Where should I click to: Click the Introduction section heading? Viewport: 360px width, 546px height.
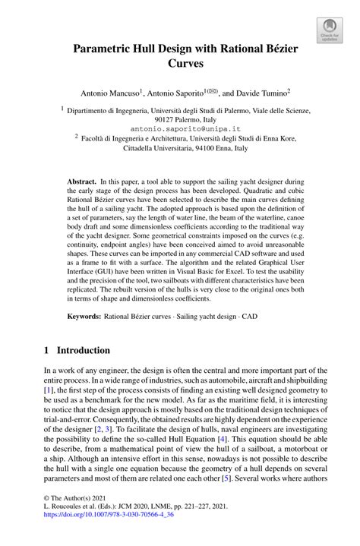tap(80, 351)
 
